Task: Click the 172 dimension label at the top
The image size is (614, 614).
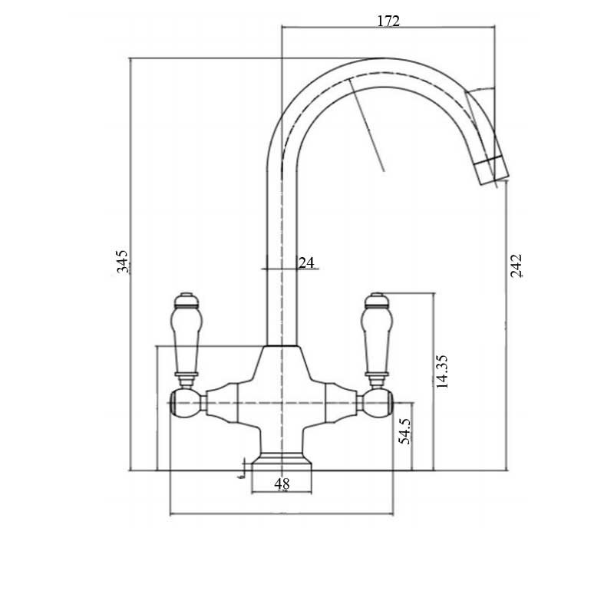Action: click(x=388, y=21)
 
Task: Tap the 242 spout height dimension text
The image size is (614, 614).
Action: click(x=517, y=265)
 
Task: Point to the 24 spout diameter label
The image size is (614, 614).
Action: click(x=306, y=262)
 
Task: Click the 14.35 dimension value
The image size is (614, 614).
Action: click(x=442, y=371)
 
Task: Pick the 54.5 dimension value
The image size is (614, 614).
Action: click(x=405, y=431)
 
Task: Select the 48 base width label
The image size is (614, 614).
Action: click(x=282, y=484)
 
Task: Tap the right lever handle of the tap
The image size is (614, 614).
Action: click(x=377, y=338)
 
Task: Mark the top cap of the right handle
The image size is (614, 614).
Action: click(x=377, y=298)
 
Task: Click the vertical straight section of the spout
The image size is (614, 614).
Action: click(x=282, y=253)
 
